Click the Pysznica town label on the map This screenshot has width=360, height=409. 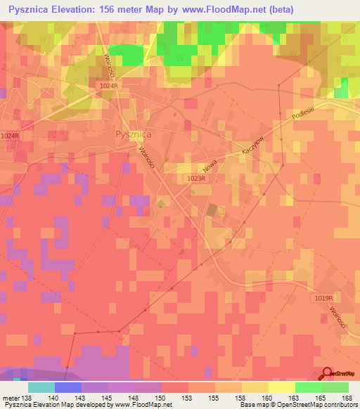coord(133,133)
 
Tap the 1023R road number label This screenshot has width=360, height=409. coord(196,178)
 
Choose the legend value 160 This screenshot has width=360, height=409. coord(267,398)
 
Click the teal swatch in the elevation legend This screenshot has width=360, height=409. coord(41,387)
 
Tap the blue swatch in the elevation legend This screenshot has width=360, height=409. coord(68,387)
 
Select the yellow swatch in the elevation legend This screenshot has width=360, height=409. coord(281,387)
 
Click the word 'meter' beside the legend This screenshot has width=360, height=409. coord(11,398)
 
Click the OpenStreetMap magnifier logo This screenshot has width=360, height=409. coord(328,375)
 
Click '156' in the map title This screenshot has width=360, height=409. coord(110,9)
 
